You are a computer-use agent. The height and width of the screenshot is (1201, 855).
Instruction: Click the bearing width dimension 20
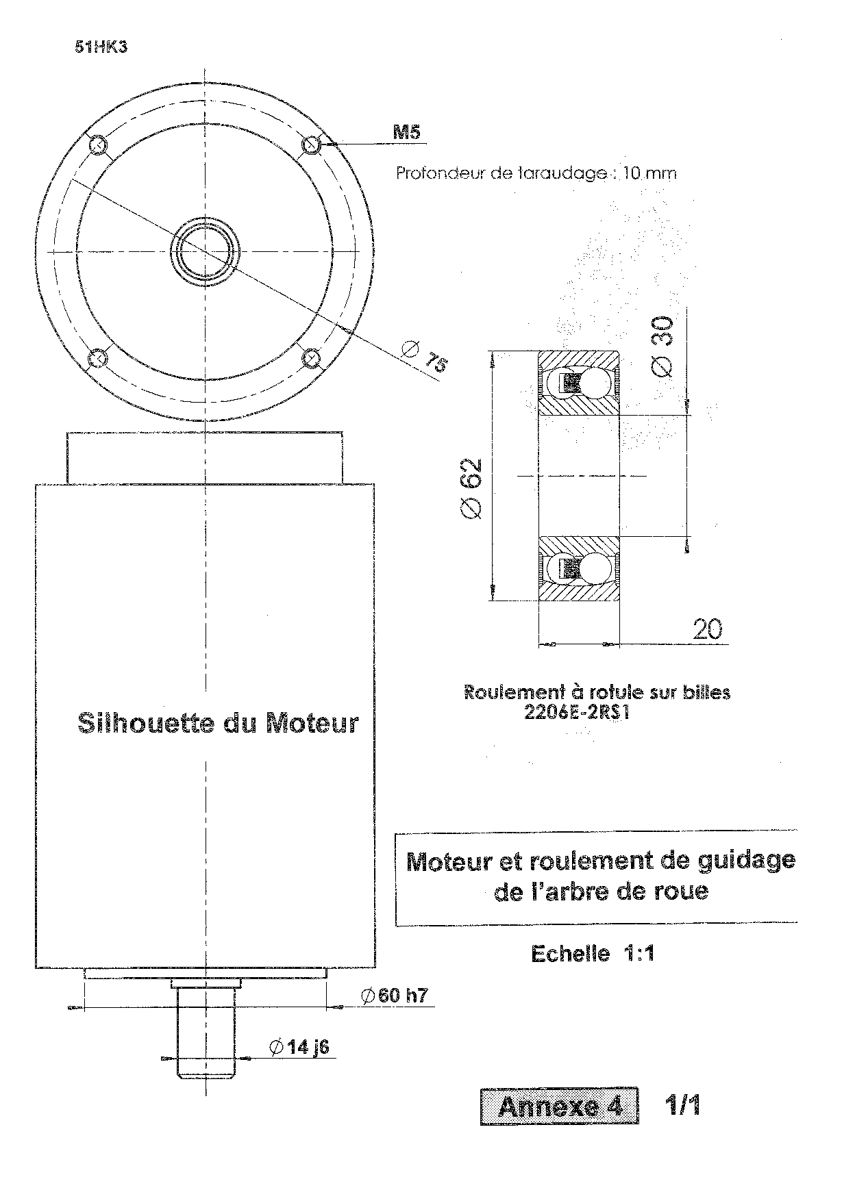707,629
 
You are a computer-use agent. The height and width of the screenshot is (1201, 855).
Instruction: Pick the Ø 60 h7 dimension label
395,996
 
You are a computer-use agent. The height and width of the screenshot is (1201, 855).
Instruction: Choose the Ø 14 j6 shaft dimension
300,1047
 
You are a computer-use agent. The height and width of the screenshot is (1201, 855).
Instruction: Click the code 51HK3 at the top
101,48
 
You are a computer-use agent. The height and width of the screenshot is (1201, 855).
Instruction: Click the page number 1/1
682,1104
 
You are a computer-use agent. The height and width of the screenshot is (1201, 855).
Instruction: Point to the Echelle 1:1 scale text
592,953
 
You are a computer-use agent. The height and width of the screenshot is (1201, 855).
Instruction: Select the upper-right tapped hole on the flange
312,144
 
